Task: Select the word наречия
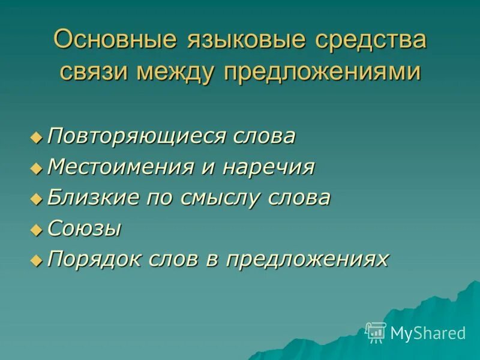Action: [268, 167]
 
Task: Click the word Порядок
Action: [89, 259]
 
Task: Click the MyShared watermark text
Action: [428, 333]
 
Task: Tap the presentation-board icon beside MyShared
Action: [376, 332]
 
